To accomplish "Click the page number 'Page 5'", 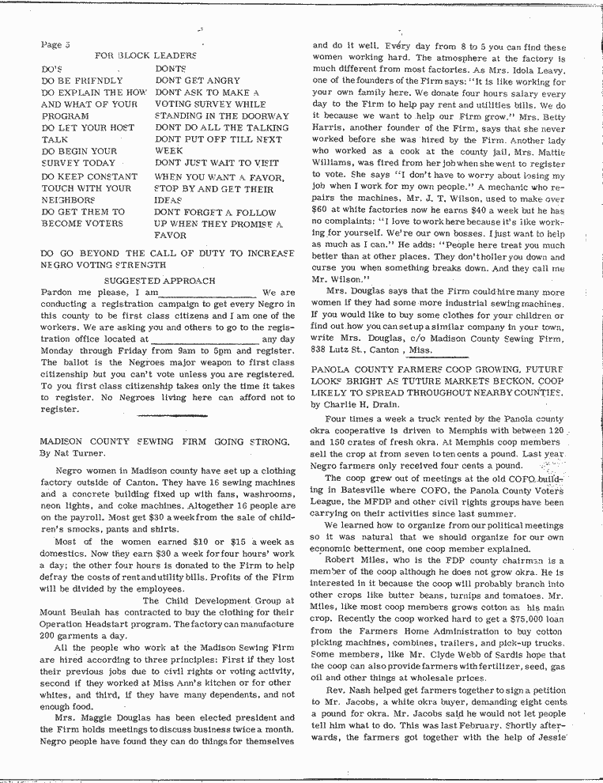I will (x=55, y=44).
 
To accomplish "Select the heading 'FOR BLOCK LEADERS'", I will (x=145, y=56).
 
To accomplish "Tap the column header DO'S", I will (x=52, y=70).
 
